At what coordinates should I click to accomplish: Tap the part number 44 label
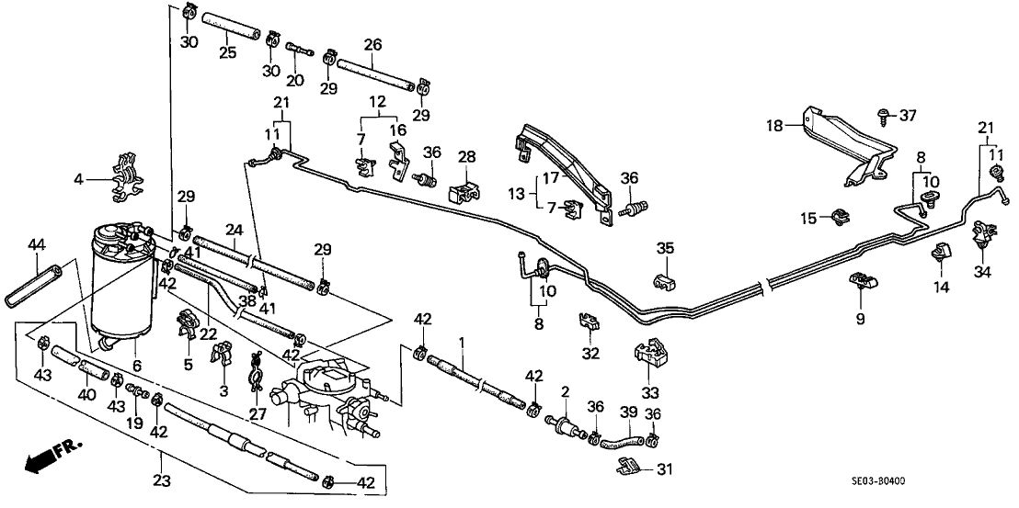(36, 244)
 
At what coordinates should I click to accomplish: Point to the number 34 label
(983, 272)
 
